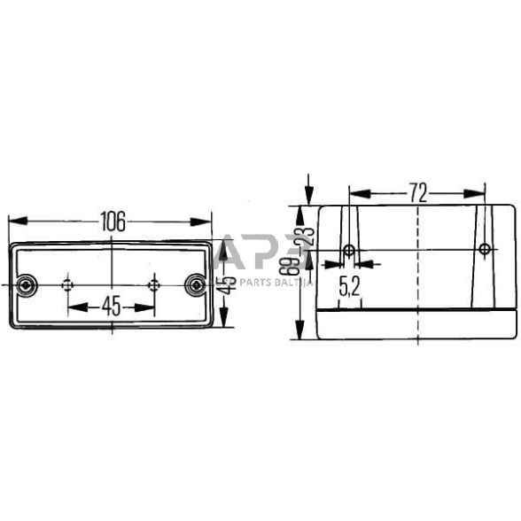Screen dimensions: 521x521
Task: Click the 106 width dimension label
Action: pos(112,221)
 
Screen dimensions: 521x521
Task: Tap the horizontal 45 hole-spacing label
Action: pos(111,307)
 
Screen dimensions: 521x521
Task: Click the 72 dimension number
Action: pos(417,191)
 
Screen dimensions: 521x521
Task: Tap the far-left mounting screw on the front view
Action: pos(27,284)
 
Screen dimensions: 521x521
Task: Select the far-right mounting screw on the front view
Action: pos(194,284)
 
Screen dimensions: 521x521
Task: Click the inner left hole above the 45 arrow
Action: pos(67,284)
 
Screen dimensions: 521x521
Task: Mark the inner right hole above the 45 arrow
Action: pos(154,284)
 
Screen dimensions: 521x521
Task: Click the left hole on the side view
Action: pos(349,251)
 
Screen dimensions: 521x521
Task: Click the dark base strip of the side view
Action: pos(417,324)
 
